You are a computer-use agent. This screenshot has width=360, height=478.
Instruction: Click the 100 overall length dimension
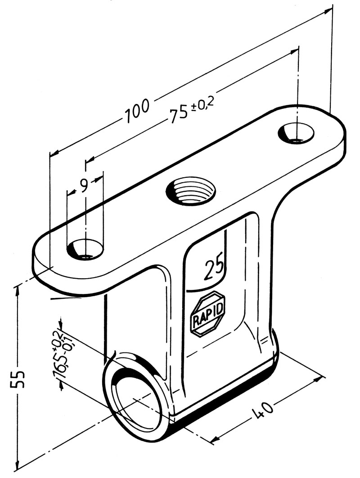pos(137,111)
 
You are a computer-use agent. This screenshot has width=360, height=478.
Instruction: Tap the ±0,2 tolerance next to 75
pos(204,104)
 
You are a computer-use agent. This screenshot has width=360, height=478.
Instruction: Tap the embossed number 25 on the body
pos(214,270)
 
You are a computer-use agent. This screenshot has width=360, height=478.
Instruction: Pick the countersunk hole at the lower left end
pos(85,250)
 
